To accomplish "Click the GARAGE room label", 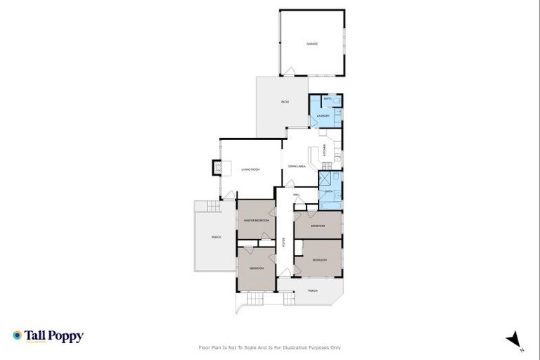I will coord(312,44).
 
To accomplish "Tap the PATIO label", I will coord(285,103).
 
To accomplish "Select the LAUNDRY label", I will coord(323,115).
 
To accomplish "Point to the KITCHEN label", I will coord(325,150).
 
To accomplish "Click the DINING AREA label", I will coord(297,167).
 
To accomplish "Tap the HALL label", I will coord(297,194).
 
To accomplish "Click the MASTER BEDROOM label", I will coord(256,220).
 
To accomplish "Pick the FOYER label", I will coord(283,241).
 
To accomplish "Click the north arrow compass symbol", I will coord(515,339).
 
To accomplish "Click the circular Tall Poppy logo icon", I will coord(17,336).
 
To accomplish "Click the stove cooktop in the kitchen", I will coord(337,158).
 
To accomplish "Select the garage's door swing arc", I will coord(288,70).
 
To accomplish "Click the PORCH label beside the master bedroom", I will coord(216,237).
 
